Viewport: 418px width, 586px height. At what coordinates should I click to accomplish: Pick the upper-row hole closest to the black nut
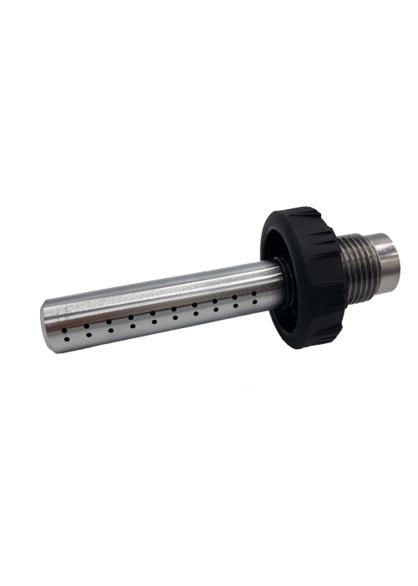255,294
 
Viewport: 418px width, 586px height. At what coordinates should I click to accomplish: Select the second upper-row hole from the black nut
234,297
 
